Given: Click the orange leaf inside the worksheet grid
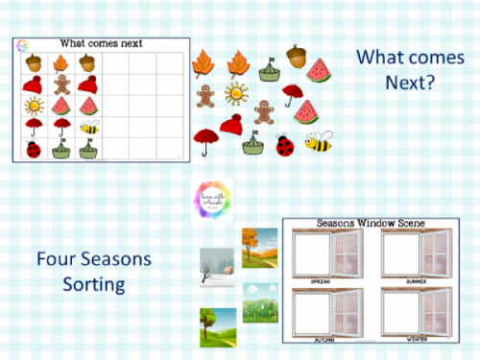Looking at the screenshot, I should [x=60, y=62].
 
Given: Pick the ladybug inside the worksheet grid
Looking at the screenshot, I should [x=34, y=149].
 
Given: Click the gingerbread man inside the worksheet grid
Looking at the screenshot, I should [x=60, y=84].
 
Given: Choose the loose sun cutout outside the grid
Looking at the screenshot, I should [x=235, y=94].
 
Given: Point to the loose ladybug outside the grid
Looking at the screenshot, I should [x=285, y=145].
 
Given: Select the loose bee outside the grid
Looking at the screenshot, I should [x=319, y=142].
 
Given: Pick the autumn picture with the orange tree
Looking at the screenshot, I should [x=259, y=247].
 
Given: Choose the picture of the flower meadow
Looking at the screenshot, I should [x=260, y=307].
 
